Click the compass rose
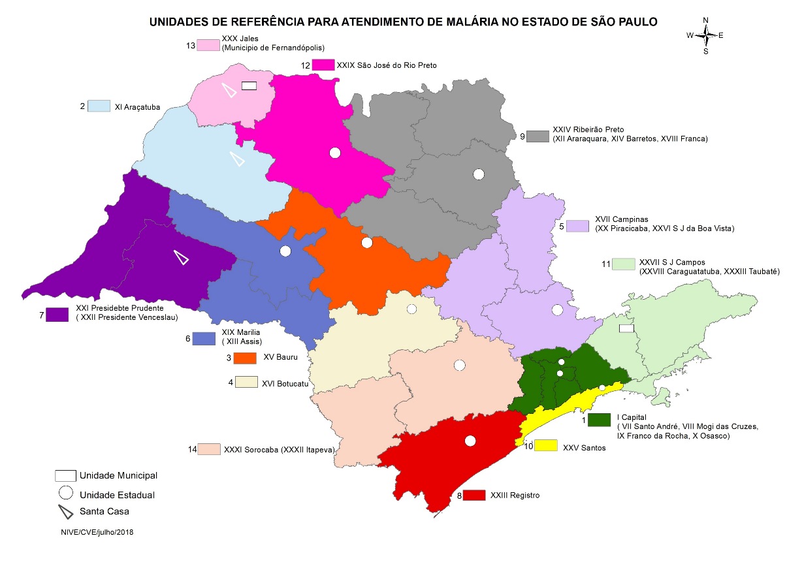pos(705,35)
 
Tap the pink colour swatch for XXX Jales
pos(209,45)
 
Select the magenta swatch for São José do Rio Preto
pos(323,65)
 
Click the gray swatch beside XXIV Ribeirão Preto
pos(538,136)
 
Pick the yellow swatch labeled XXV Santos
pos(547,445)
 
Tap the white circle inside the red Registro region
pos(470,441)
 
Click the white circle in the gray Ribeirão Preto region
pos(479,174)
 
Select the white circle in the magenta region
pos(335,153)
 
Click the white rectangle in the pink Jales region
pos(248,86)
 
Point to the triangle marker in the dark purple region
pos(181,257)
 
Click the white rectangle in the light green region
pos(626,328)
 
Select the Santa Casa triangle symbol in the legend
pos(65,511)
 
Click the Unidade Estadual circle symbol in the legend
pos(65,493)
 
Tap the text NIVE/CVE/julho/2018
pos(97,532)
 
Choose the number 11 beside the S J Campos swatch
pos(605,264)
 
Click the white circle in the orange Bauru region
pos(366,243)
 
